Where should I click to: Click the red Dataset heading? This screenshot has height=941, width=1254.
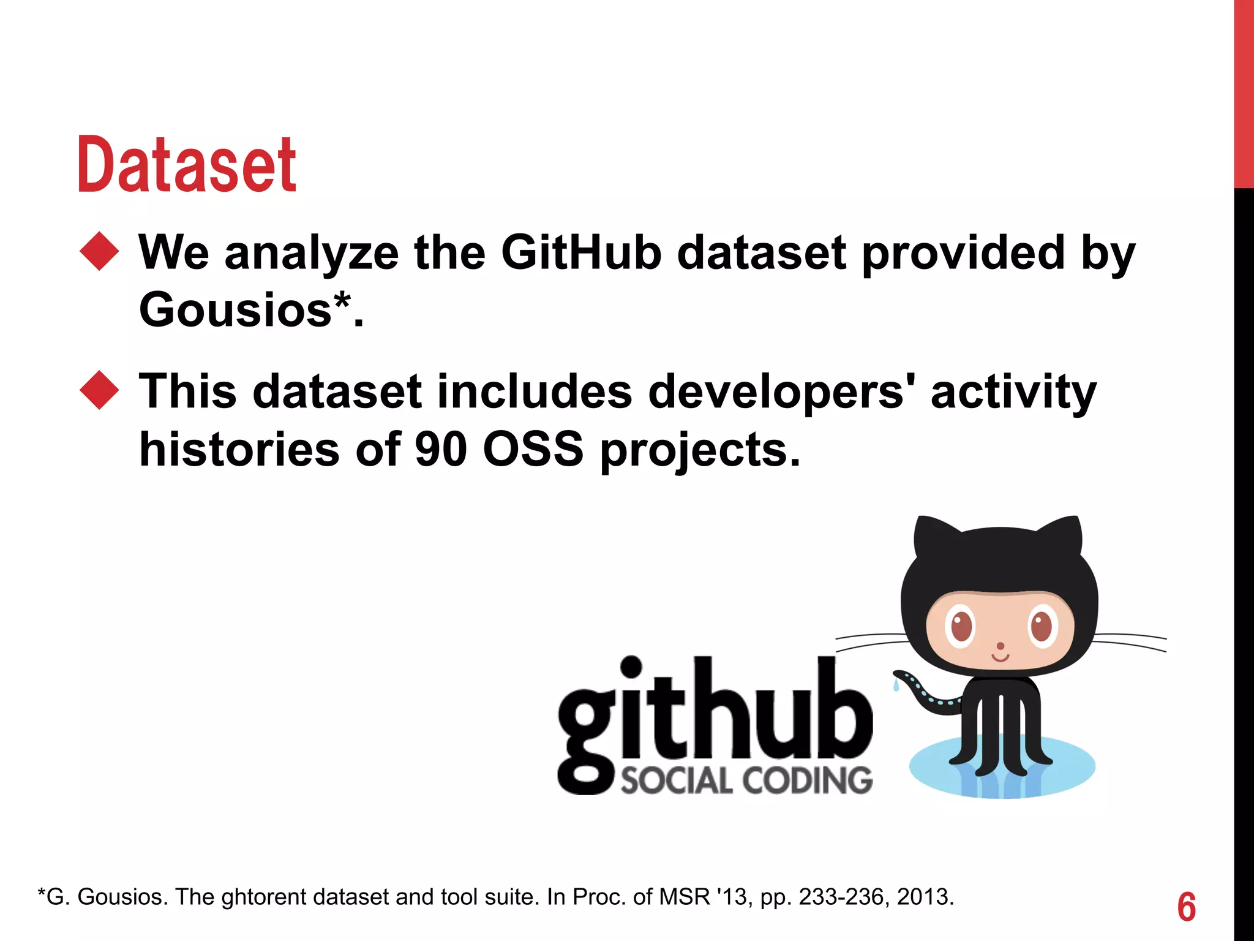pos(187,164)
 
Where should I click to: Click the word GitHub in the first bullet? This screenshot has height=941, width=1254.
pos(580,252)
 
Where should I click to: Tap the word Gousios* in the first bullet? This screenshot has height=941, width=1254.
pos(245,309)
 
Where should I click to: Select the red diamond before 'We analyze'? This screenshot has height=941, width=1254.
pos(99,251)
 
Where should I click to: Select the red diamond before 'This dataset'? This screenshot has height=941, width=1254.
pos(99,390)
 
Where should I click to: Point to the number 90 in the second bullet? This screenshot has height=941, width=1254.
pos(441,449)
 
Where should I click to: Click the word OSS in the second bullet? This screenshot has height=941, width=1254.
pos(533,449)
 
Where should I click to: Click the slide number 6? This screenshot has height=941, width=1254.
pos(1186,907)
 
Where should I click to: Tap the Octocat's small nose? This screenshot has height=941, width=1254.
pos(1001,646)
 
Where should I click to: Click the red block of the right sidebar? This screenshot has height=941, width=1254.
pos(1244,92)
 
